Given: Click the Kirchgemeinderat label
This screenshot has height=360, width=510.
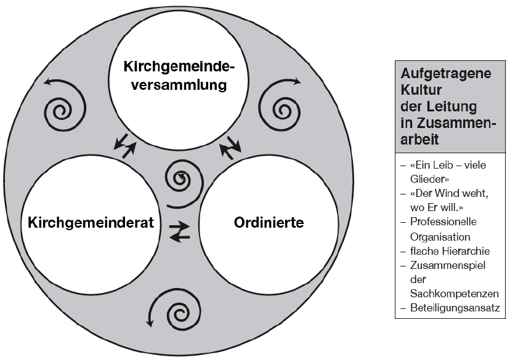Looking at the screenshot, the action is pos(91,223).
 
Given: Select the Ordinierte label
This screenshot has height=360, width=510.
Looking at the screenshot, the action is pos(269,223).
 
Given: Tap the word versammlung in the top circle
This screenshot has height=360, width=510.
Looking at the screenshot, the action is pos(179,85).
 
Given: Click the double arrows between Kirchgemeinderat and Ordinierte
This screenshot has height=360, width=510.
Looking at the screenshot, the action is pos(179,231).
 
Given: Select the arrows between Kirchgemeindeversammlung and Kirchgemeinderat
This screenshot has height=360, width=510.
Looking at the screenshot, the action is pos(124,146).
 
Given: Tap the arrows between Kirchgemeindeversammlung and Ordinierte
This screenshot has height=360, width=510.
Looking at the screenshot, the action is pos(230,148).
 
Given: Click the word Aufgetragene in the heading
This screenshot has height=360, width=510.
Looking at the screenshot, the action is pos(445,74).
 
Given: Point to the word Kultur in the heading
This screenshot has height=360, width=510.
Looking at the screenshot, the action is pos(421,90).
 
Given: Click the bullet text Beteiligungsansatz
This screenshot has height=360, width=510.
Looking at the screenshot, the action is pos(455,308).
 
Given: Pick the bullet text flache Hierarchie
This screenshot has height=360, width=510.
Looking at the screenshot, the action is pos(450,251).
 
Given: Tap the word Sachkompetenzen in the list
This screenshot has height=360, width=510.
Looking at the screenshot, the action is pos(455,294).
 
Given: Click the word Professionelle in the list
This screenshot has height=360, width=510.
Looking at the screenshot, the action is pos(443,222).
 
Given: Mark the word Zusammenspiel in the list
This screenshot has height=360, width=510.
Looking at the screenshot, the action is pos(448,265).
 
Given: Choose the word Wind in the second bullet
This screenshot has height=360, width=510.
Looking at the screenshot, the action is pos(451,193).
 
